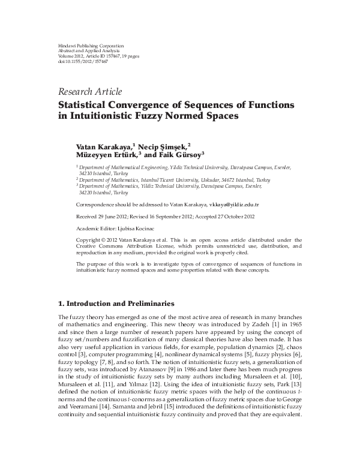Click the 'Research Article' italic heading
90,92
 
